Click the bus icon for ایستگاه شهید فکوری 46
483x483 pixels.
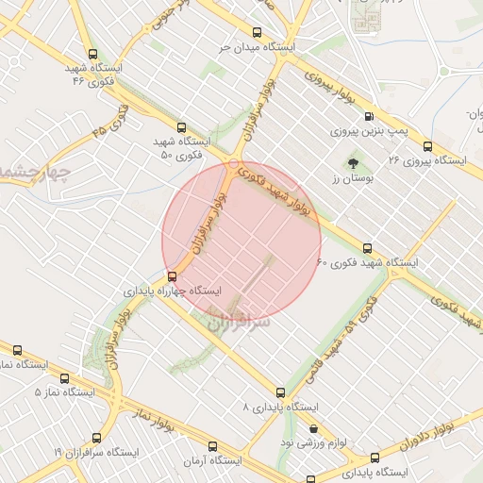[x=92, y=55]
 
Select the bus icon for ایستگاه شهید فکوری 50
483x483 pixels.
[x=181, y=127]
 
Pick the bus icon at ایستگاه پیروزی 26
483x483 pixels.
[x=428, y=146]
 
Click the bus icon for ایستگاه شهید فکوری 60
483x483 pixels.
[x=367, y=248]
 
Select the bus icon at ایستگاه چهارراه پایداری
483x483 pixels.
[x=172, y=276]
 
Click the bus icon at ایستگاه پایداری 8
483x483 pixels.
[x=281, y=391]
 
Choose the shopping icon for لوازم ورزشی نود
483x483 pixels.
[x=313, y=428]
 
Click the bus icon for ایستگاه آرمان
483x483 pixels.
[x=209, y=446]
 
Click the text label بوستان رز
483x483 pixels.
[x=354, y=178]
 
